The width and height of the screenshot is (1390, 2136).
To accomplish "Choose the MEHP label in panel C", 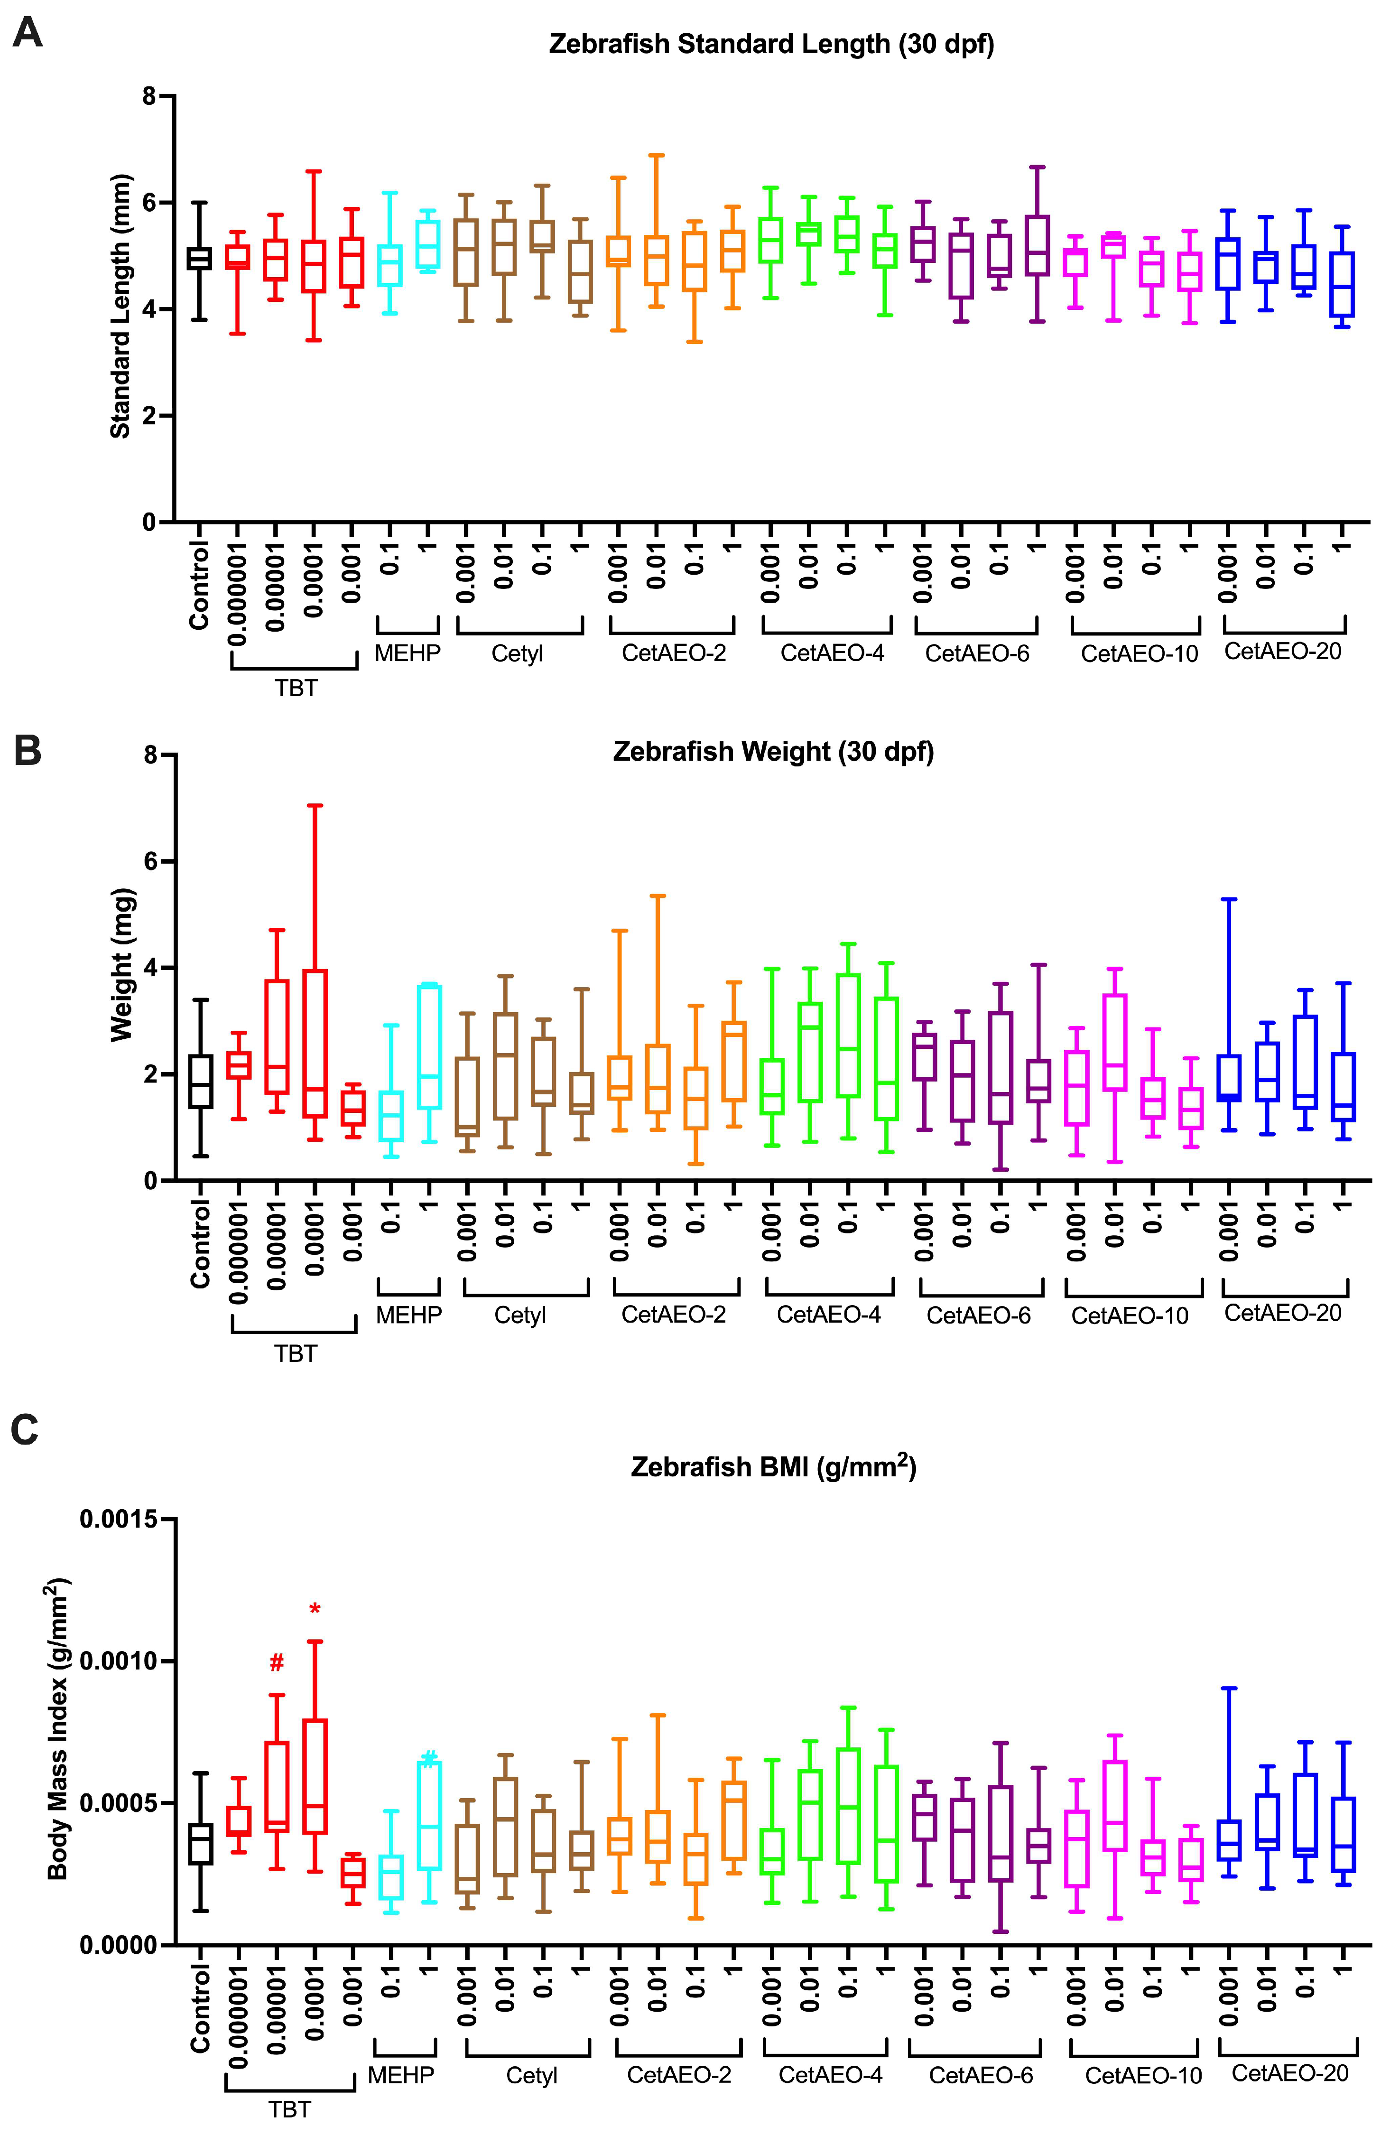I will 400,2075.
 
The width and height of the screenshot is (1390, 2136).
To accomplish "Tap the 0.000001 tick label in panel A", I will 238,592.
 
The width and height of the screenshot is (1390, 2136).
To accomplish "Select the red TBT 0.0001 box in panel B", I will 314,1043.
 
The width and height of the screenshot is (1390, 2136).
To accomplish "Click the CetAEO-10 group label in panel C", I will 1142,2076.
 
